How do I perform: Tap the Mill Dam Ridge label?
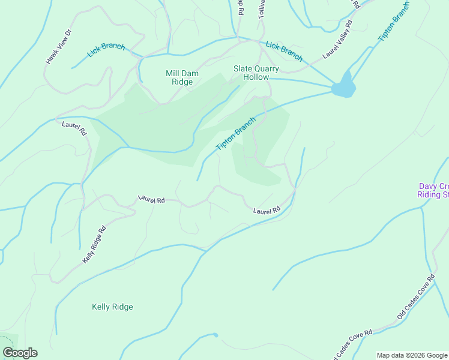[182, 77]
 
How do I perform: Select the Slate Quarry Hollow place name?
[256, 73]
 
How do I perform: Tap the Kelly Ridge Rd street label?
[94, 244]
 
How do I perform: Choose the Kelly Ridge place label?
[112, 307]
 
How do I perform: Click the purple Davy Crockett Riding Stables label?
[433, 190]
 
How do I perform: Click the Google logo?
[19, 353]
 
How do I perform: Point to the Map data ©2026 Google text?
[412, 355]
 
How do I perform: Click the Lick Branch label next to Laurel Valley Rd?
[284, 50]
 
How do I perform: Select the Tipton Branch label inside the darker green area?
[235, 134]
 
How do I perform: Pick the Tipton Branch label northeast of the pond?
[393, 21]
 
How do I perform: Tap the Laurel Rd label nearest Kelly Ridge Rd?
[151, 199]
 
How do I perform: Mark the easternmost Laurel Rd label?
[267, 211]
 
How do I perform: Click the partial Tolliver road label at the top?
[262, 8]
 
